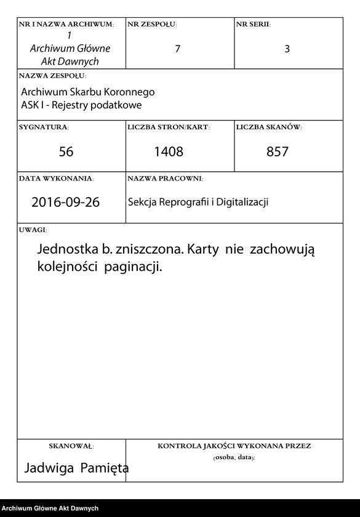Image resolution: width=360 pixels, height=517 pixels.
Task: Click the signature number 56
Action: (x=66, y=151)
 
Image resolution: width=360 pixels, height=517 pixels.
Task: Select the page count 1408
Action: (x=169, y=151)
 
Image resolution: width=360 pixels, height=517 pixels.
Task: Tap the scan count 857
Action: (x=278, y=151)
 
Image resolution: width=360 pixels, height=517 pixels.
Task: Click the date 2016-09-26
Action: (x=65, y=202)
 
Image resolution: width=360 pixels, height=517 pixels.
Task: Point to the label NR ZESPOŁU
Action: (x=152, y=24)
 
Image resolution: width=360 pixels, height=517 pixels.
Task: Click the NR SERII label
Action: (x=253, y=24)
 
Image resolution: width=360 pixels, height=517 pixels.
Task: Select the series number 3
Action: (x=287, y=49)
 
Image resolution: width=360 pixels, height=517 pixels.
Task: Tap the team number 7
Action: (x=178, y=49)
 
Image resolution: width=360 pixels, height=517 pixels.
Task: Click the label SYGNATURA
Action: (x=44, y=127)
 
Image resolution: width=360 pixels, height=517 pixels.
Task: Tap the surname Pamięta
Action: (x=105, y=468)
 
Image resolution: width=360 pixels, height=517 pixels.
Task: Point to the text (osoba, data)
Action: (x=234, y=458)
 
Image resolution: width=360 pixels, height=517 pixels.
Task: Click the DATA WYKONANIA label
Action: (x=57, y=178)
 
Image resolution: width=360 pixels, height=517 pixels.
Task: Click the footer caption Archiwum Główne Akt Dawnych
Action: (x=50, y=508)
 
